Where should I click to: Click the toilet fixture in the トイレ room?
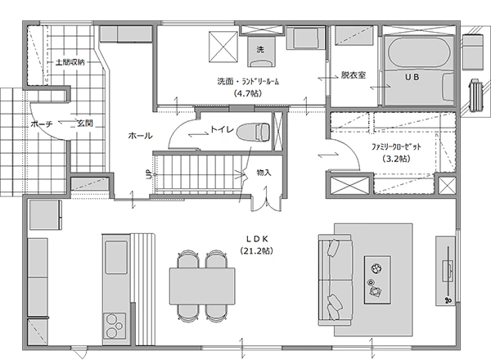coord(254,132)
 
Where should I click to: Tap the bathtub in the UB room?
coord(419,52)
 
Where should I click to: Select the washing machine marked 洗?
coord(260,52)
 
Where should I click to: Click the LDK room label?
coord(257,239)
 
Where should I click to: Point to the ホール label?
coord(140,136)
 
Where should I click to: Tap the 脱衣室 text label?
coord(354,75)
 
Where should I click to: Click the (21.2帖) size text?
coord(256,250)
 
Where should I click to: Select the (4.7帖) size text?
coord(247,93)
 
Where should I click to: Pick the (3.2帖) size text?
coord(396,159)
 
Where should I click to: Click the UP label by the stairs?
coord(148,174)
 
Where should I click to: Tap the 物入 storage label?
coord(264,173)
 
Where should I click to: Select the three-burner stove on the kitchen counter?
coord(115,326)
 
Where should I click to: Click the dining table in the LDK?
coord(202,286)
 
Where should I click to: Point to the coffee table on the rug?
coord(377,280)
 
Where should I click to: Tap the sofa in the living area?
coord(336,280)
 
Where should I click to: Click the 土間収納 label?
coord(70,62)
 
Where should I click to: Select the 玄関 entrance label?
coord(85,123)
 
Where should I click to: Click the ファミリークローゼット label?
coord(396,146)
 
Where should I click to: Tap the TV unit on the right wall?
coord(445,271)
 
